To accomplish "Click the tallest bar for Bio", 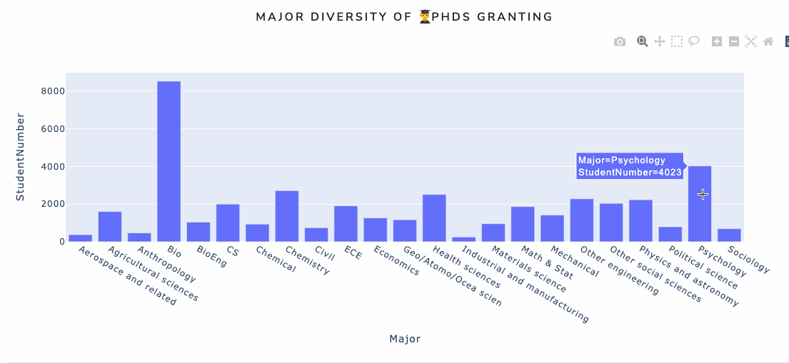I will (x=169, y=161).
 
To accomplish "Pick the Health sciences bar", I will (x=434, y=218).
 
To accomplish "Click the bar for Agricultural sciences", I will (x=110, y=226).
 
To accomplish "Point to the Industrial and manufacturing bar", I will (x=463, y=239).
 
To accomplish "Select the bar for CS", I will (x=228, y=223).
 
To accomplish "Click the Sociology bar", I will (x=729, y=235).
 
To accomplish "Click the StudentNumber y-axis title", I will (x=20, y=156).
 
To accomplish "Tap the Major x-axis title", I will (x=405, y=339).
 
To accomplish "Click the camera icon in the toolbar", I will (x=620, y=41).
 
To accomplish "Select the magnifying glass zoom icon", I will (x=643, y=41).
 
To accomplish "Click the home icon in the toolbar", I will (x=768, y=41).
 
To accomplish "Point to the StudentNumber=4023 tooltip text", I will (x=630, y=173).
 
